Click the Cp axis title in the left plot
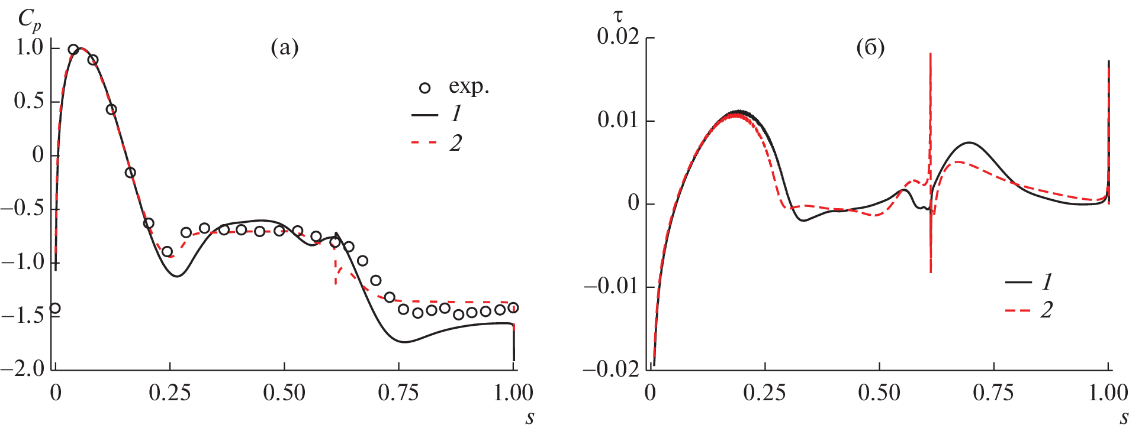click(28, 20)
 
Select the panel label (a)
click(285, 47)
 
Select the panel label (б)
click(870, 47)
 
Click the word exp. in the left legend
click(469, 87)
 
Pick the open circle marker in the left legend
click(424, 88)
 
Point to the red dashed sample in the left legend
click(424, 142)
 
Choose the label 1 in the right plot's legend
click(1047, 282)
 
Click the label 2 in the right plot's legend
click(1047, 310)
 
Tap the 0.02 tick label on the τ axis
click(618, 37)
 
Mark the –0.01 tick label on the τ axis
click(612, 287)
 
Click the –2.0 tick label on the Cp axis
click(24, 368)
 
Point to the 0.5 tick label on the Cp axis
click(30, 101)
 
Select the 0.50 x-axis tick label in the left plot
click(284, 393)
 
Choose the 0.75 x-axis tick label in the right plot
click(993, 393)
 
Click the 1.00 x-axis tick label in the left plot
click(513, 393)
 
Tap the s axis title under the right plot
click(1124, 419)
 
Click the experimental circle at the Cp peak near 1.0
click(73, 50)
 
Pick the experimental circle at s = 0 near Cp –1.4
click(55, 308)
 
